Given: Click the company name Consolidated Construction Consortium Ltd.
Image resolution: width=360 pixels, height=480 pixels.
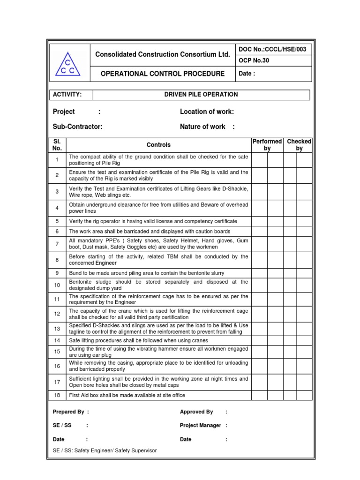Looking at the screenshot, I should (163, 54).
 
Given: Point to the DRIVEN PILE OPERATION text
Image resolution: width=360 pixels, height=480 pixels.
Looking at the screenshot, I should (201, 95).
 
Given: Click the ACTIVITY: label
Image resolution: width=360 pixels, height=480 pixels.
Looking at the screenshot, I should (67, 95).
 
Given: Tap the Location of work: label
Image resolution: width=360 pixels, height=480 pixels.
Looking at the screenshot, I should (207, 112).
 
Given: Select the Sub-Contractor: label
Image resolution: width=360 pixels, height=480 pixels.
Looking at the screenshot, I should (78, 127).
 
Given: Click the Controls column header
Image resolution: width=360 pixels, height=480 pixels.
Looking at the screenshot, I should (158, 145).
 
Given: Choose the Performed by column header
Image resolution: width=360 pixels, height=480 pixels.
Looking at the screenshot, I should (267, 145).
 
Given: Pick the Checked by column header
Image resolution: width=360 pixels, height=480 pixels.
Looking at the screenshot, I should (299, 145).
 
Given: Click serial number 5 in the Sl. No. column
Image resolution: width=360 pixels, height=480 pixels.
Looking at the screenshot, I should (57, 221).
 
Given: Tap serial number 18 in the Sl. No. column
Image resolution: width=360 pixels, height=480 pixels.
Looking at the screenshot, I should (57, 395).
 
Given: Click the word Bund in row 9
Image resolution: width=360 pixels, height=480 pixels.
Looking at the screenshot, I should (75, 273).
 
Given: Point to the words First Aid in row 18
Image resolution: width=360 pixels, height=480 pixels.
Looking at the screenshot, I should (81, 395).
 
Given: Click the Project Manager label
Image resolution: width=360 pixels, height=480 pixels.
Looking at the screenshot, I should (201, 425).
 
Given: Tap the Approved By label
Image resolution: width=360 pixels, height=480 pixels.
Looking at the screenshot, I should (196, 412).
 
